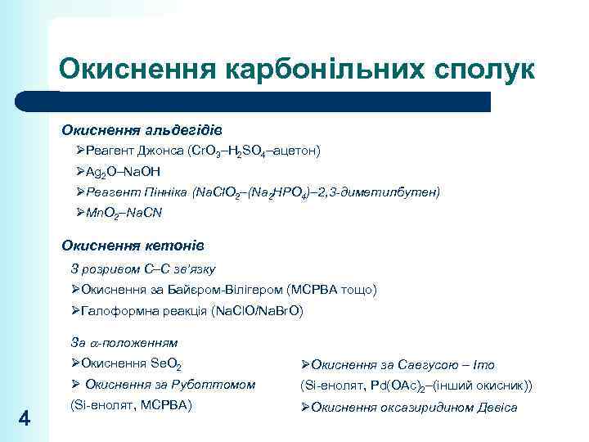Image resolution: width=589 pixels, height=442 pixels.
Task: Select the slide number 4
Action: (x=25, y=419)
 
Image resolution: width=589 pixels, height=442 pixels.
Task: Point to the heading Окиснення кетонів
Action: (x=133, y=246)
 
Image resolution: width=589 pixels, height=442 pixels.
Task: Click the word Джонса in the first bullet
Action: (x=159, y=151)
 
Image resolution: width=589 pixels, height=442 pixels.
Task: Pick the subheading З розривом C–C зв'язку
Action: (x=143, y=268)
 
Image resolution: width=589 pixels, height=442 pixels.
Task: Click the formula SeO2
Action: (x=167, y=364)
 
